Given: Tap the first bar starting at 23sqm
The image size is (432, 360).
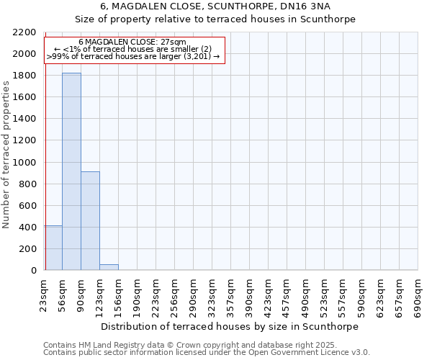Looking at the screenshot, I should [x=53, y=248].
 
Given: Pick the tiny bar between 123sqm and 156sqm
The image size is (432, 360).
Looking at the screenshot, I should [x=109, y=267].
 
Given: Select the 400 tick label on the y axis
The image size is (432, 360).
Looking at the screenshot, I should [x=28, y=228].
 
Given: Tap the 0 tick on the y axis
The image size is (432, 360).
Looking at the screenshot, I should [x=33, y=271].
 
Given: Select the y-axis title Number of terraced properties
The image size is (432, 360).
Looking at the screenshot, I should [x=6, y=154].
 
